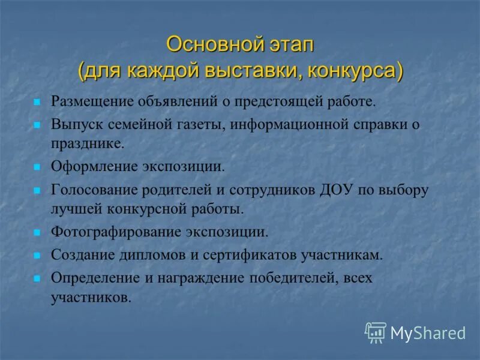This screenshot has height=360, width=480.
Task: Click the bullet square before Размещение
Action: point(37,101)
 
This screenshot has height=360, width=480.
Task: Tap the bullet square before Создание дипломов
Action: point(37,255)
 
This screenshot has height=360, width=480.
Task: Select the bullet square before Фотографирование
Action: point(37,232)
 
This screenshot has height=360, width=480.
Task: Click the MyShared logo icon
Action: point(376,332)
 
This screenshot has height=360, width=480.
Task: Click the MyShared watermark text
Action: point(428,333)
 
